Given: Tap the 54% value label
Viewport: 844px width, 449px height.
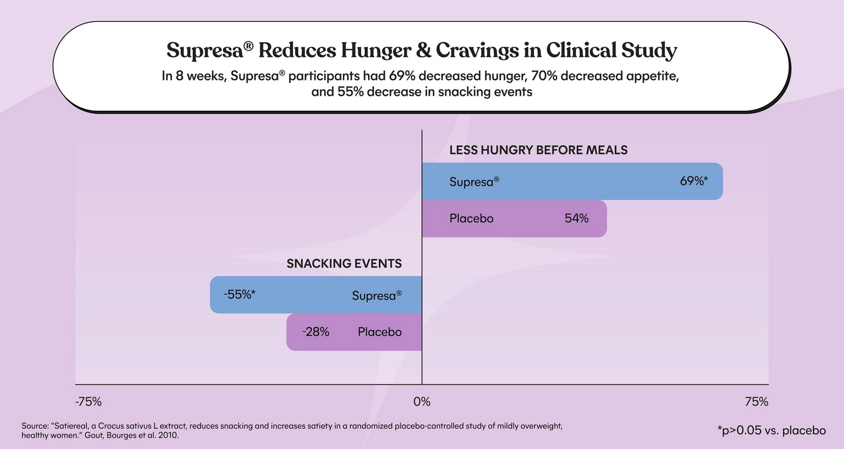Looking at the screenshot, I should [577, 218].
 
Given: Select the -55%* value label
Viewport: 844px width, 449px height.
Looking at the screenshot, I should [240, 294].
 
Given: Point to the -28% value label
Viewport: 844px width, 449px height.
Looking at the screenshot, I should [316, 332].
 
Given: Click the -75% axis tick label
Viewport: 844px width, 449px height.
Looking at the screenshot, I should [88, 402].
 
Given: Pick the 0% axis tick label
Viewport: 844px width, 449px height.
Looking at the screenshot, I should [421, 402].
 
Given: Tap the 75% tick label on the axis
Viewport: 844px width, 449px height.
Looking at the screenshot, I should [756, 402].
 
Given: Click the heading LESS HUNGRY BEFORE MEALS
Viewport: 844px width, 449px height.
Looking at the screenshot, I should [538, 150].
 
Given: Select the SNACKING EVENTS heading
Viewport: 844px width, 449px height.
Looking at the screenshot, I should [344, 263].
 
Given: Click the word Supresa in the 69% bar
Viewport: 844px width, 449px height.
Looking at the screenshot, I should [472, 182].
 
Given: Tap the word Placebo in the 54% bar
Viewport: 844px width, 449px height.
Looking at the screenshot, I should [472, 218].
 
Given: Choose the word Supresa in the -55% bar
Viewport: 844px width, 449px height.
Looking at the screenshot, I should [374, 295].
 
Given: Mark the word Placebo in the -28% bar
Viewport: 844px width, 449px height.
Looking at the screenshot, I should [380, 332].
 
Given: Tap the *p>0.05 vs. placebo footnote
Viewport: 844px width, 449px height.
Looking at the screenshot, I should [771, 430].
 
